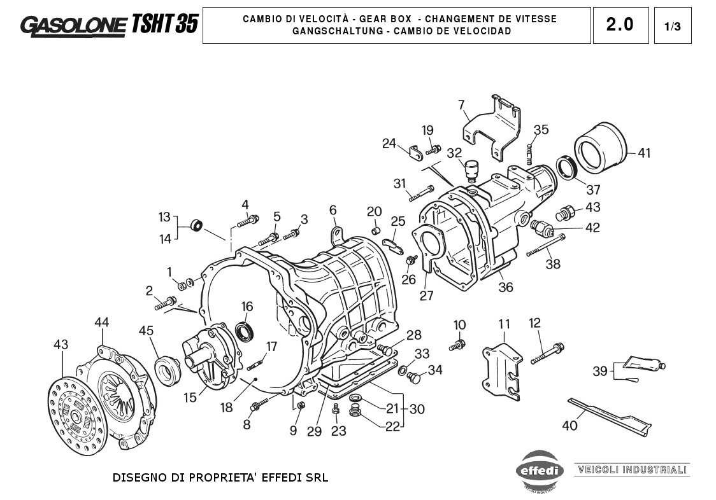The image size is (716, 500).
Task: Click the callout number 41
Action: pyautogui.click(x=644, y=153)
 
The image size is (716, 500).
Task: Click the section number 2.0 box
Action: pyautogui.click(x=620, y=25)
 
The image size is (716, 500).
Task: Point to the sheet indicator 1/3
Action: pyautogui.click(x=672, y=26)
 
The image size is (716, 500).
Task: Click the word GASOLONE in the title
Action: pyautogui.click(x=73, y=25)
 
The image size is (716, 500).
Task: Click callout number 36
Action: pyautogui.click(x=505, y=287)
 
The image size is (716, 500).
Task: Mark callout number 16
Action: pyautogui.click(x=247, y=307)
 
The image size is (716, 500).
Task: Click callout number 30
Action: pyautogui.click(x=417, y=409)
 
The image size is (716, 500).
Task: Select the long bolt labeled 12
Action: pyautogui.click(x=547, y=352)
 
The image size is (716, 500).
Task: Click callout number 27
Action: pyautogui.click(x=426, y=296)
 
